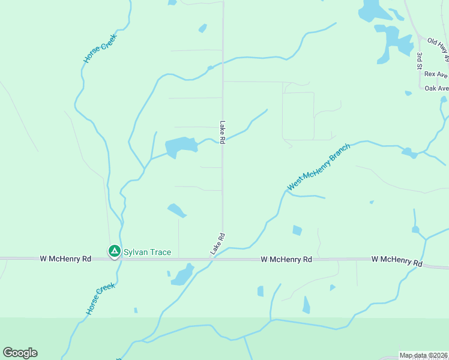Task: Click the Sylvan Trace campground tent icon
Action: pyautogui.click(x=113, y=251)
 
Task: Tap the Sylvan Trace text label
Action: pyautogui.click(x=147, y=252)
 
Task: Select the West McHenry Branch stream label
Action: pyautogui.click(x=310, y=168)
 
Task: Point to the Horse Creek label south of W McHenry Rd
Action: pyautogui.click(x=100, y=299)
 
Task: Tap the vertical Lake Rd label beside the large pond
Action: pyautogui.click(x=222, y=132)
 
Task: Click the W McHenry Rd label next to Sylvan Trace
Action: pyautogui.click(x=65, y=259)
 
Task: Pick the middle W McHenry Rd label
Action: pyautogui.click(x=286, y=260)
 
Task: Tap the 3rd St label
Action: pyautogui.click(x=420, y=61)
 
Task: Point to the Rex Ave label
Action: pyautogui.click(x=436, y=74)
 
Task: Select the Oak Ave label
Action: pyautogui.click(x=436, y=88)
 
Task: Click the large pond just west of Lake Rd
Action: pyautogui.click(x=180, y=146)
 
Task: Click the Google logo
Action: pyautogui.click(x=20, y=353)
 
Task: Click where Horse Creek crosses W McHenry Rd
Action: pyautogui.click(x=120, y=259)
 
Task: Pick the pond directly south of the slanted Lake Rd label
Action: pyautogui.click(x=182, y=276)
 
